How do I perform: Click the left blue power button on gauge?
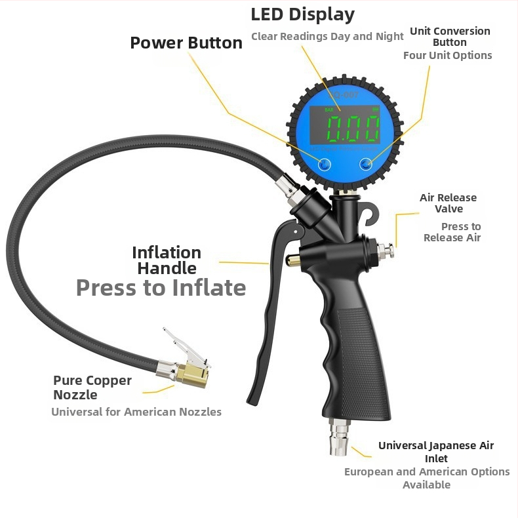[325, 164]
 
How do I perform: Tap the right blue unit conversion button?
[366, 164]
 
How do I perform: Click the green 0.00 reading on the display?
[353, 129]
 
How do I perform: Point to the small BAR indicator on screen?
[329, 110]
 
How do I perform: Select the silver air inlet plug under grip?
[338, 437]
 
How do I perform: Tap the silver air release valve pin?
[386, 250]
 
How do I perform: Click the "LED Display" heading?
[303, 15]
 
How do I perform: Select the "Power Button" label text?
[186, 43]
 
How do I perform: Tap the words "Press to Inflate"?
[161, 288]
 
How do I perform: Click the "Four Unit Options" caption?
[448, 56]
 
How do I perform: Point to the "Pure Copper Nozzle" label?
[92, 388]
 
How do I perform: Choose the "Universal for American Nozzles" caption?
[136, 412]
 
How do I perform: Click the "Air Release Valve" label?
[448, 203]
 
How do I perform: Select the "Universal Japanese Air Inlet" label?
[436, 452]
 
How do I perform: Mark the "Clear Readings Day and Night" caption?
[327, 36]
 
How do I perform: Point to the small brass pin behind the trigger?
[293, 260]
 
